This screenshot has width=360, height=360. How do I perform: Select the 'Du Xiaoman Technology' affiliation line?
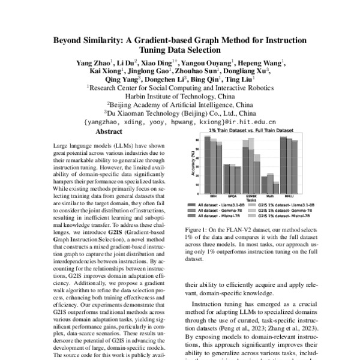[180, 112]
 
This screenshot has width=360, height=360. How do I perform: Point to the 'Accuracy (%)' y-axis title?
[192, 161]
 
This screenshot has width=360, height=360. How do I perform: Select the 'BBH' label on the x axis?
[207, 196]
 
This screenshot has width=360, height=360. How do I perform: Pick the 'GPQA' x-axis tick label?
[226, 196]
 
